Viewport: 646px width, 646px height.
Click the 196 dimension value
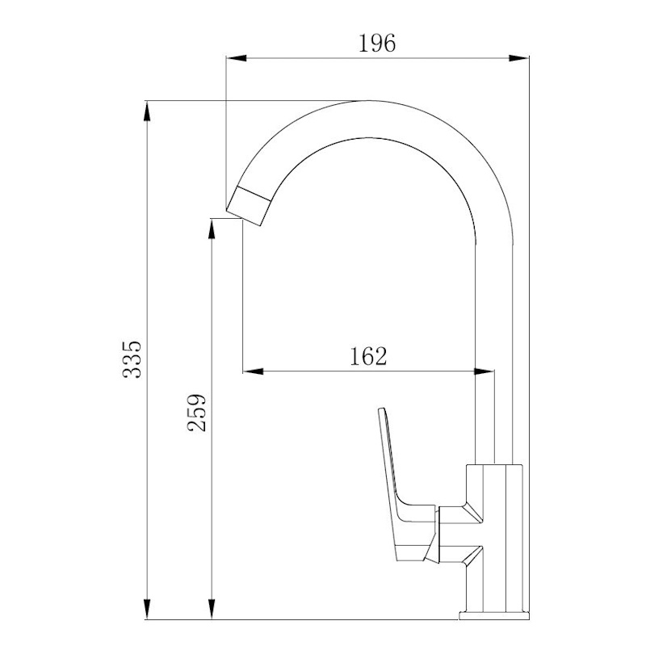(377, 44)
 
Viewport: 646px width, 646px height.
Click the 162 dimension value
(368, 356)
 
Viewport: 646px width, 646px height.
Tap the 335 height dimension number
(132, 359)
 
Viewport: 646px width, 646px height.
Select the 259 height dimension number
(196, 413)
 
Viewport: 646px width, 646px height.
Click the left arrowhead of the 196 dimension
(237, 58)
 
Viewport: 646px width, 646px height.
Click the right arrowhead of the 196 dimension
(518, 58)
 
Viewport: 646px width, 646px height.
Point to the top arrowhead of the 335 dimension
(147, 111)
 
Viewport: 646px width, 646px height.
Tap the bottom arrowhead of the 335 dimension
(147, 609)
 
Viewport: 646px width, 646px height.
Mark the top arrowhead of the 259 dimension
(212, 229)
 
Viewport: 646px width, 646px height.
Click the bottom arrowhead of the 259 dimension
(212, 609)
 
